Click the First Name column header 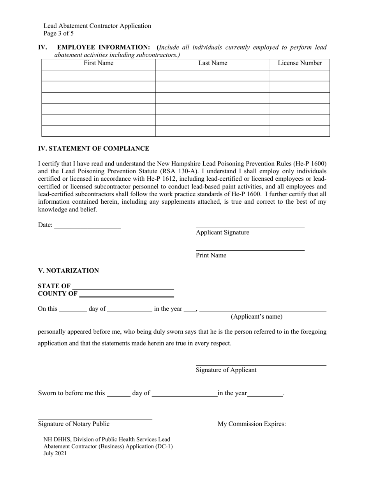coord(99,63)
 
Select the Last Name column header coord(213,63)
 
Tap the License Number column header coord(300,63)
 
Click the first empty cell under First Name coord(99,76)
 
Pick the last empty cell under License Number coord(300,131)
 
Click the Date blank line coord(88,225)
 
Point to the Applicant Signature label coord(222,232)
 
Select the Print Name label coord(211,255)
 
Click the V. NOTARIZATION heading coord(68,271)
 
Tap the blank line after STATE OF coord(123,287)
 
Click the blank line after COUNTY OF coord(127,294)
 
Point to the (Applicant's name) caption coord(257,317)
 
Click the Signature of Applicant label coord(226,370)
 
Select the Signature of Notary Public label coord(74,424)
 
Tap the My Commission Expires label coord(252,424)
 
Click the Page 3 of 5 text coord(58,33)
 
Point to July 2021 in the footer coord(55,453)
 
